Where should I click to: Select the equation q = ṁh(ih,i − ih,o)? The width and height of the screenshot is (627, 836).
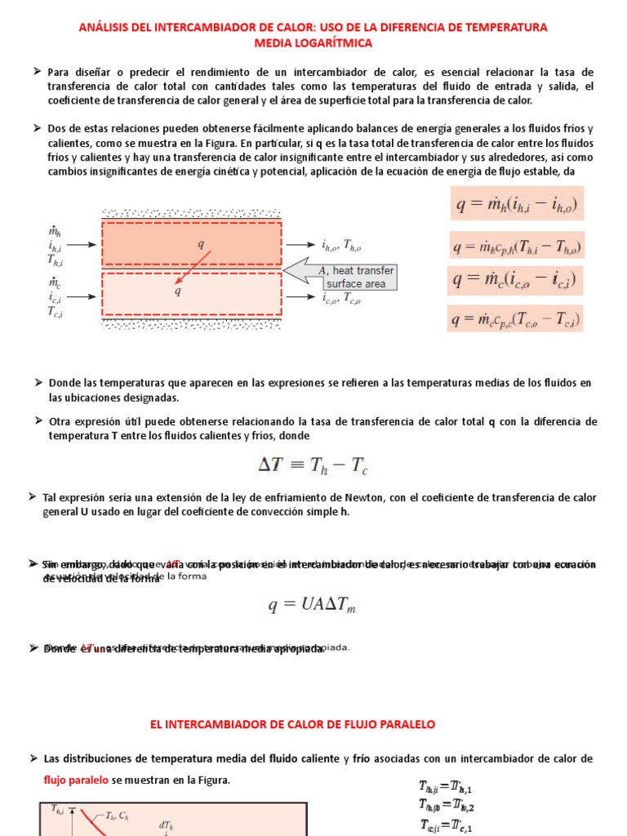(x=517, y=203)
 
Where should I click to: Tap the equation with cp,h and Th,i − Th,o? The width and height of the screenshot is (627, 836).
(x=516, y=245)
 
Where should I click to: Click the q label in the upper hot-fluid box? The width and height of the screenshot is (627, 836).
(x=200, y=243)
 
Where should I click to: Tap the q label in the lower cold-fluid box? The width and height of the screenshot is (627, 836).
(x=178, y=291)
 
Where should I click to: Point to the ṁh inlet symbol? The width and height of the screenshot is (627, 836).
(x=55, y=232)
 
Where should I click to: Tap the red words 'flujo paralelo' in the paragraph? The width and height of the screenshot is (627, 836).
(x=76, y=780)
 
